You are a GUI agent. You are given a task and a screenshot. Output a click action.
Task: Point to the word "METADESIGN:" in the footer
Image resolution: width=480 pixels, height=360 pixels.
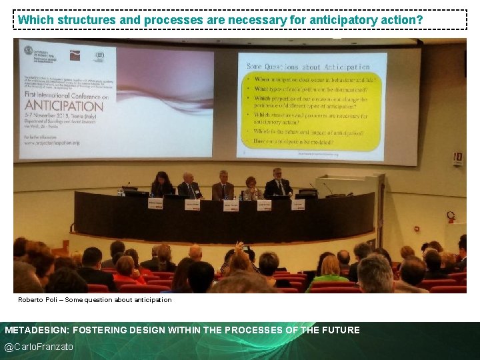click(36, 330)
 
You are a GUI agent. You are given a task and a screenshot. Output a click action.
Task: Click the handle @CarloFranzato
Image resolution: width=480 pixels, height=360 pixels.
click(39, 347)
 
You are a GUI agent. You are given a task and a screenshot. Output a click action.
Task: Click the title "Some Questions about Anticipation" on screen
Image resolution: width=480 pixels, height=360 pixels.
click(308, 67)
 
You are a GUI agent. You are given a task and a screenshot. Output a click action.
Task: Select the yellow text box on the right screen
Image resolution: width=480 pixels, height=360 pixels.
click(311, 111)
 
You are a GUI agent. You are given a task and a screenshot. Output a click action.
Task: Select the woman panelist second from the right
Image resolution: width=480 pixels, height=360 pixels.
click(251, 188)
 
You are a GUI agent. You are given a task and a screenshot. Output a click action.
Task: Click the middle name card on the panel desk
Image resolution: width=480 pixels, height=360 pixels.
click(231, 206)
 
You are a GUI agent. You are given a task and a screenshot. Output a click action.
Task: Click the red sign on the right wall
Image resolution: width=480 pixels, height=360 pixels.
click(458, 158)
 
